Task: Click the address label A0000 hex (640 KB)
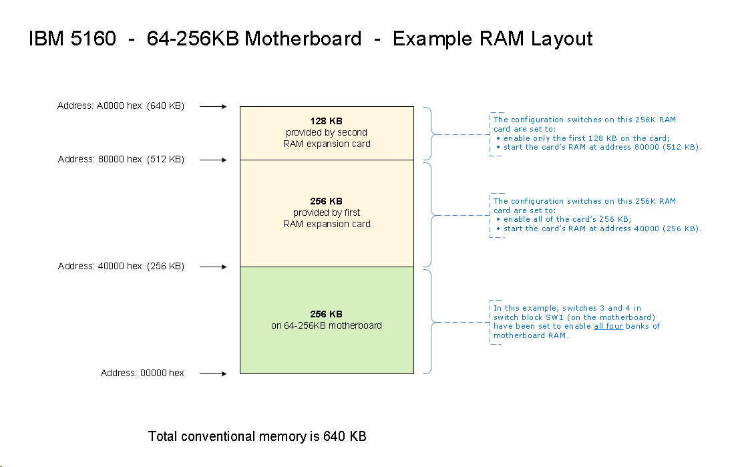121,106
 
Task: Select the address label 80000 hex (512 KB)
121,160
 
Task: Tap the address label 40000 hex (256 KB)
121,267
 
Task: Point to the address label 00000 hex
142,373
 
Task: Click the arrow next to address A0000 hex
214,106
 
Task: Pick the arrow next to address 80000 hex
214,160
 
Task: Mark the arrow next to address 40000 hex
214,267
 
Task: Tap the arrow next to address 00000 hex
214,373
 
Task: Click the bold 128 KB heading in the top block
327,121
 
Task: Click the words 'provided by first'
327,212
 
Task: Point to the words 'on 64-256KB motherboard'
327,325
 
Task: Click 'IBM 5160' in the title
67,39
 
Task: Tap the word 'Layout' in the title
562,39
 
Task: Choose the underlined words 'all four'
608,326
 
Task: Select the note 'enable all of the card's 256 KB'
567,219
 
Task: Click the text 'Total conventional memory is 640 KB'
257,437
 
